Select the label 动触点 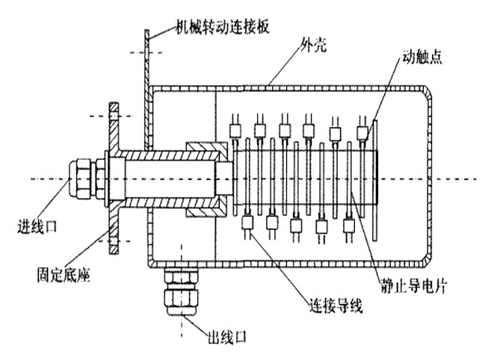point(422,58)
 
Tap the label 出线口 point(226,337)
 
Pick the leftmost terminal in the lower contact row point(247,222)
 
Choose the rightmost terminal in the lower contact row point(349,222)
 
